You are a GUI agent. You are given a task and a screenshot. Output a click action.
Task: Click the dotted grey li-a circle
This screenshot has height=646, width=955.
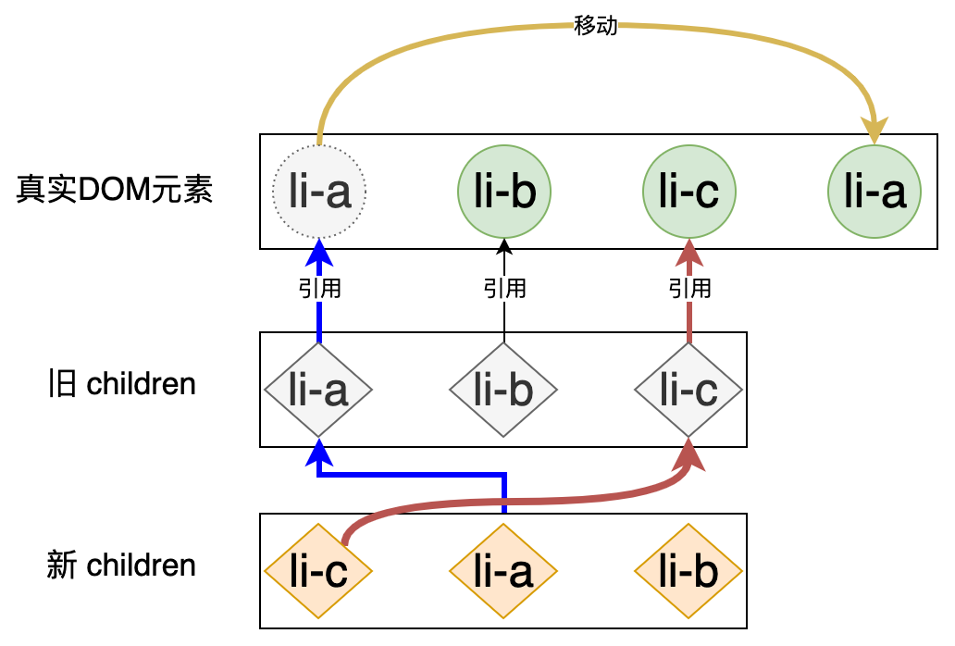[319, 192]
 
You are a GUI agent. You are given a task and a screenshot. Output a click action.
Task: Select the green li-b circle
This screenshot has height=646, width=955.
[504, 192]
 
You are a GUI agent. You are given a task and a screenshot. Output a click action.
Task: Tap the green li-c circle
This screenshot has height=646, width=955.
[689, 192]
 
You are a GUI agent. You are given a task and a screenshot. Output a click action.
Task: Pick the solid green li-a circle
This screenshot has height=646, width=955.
[874, 192]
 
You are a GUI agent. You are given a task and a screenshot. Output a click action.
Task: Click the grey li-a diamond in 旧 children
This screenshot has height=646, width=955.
[319, 391]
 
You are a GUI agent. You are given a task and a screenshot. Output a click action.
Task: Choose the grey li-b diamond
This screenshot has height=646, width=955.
[504, 391]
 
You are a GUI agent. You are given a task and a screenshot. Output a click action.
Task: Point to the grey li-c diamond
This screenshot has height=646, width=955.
[689, 391]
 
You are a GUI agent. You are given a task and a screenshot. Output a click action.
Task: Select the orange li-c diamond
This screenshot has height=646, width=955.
[319, 571]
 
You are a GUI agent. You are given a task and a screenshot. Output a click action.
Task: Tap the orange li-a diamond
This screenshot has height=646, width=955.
[504, 571]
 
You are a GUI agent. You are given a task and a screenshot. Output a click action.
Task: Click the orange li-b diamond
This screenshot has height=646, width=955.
[689, 571]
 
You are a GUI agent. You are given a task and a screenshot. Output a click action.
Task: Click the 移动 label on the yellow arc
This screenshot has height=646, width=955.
[596, 26]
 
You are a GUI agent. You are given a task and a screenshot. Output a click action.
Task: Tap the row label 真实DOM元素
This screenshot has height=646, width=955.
[115, 191]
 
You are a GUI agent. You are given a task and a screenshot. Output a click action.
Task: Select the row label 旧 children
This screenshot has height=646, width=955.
[122, 383]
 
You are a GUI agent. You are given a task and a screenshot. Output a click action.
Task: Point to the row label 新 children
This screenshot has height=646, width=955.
[122, 565]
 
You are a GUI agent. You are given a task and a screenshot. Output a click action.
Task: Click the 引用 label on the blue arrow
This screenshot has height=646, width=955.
[319, 289]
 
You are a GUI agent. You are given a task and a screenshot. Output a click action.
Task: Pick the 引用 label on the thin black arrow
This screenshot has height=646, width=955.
[504, 289]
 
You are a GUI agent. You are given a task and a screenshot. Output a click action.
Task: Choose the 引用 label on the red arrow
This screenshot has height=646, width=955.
[689, 289]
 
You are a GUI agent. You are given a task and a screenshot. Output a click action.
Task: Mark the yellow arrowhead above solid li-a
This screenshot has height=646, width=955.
[874, 130]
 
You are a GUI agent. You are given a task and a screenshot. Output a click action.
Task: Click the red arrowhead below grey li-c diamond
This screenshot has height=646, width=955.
[690, 453]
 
